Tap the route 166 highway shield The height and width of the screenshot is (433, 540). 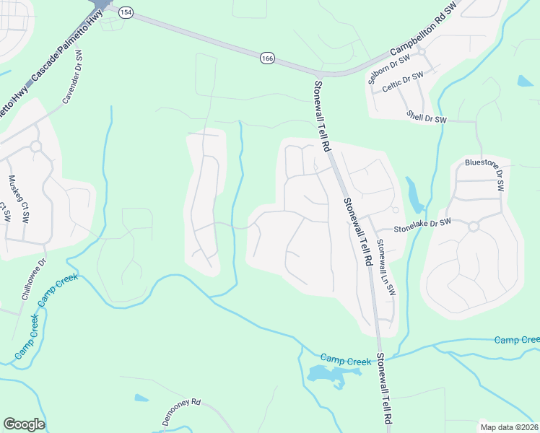tap(268, 58)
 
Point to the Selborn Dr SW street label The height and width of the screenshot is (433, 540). tap(388, 70)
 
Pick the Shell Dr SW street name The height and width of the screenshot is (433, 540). tap(427, 116)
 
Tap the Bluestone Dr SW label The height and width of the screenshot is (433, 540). tap(484, 173)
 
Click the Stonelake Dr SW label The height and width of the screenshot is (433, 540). tap(423, 226)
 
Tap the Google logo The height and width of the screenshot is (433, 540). tap(24, 424)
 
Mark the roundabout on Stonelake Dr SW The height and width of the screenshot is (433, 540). tap(474, 227)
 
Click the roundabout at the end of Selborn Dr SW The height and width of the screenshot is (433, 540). tap(421, 51)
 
